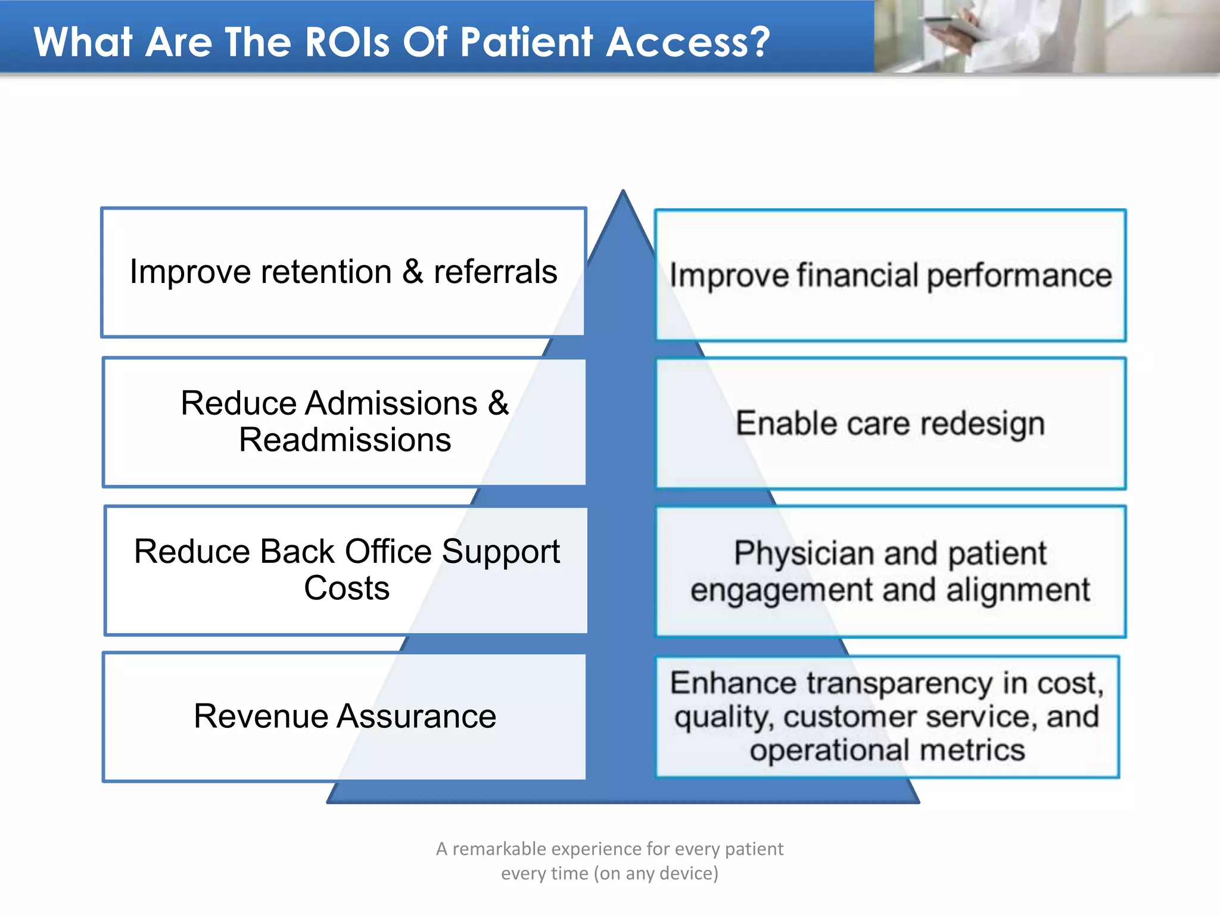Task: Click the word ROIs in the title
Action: pyautogui.click(x=347, y=43)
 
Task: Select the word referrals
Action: pyautogui.click(x=495, y=272)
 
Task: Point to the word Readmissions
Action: pyautogui.click(x=345, y=440)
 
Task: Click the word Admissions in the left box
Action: pyautogui.click(x=391, y=403)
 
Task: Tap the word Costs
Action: pyautogui.click(x=347, y=589)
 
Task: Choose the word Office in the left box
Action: pyautogui.click(x=388, y=552)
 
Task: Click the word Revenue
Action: pyautogui.click(x=260, y=716)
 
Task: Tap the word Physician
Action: pyautogui.click(x=804, y=553)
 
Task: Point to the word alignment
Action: pyautogui.click(x=1017, y=590)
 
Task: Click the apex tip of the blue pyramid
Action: pyautogui.click(x=623, y=192)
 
